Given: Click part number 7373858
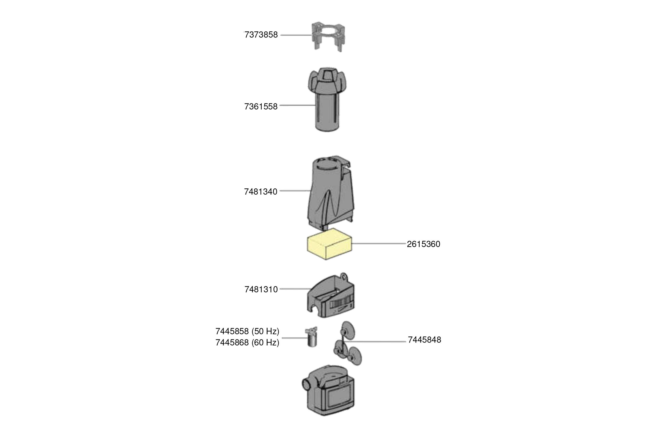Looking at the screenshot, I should coord(261,35).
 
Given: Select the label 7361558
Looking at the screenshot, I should coord(261,107).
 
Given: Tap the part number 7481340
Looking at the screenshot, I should coord(261,192).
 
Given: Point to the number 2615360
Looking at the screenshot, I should coord(423,244).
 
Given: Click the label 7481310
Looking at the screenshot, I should coord(261,290).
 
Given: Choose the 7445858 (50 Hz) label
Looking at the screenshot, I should coord(247,331).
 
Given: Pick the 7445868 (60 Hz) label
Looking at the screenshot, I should coord(247,342).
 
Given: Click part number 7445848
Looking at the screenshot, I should coord(424,340).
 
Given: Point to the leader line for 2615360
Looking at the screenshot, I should coord(379,244).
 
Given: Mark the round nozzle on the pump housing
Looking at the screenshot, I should coord(306,385).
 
